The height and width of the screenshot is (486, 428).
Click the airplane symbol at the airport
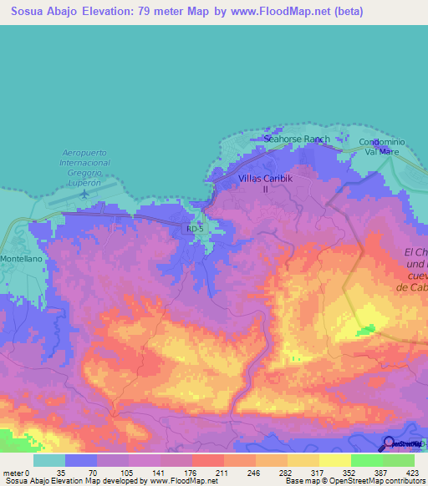coord(87,194)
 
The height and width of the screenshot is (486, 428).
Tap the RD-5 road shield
coord(194,228)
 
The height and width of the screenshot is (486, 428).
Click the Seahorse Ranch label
coord(297,139)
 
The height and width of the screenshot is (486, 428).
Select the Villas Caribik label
coord(264,179)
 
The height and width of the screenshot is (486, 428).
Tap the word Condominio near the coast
coord(382,142)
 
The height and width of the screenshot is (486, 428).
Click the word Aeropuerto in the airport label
coord(85,153)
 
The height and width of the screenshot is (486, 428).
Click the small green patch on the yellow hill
coord(364,332)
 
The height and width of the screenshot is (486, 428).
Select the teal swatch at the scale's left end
coord(49,460)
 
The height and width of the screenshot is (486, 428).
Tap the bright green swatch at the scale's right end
coord(399,460)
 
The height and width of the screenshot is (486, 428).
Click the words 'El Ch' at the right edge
coord(415,252)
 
